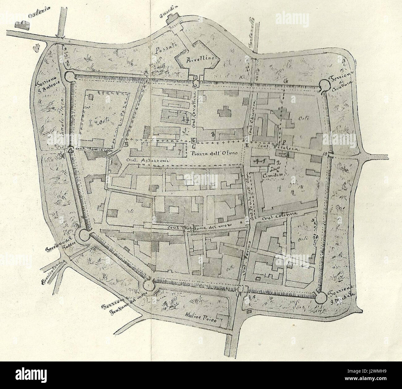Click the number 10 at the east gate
pyautogui.click(x=324, y=154)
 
